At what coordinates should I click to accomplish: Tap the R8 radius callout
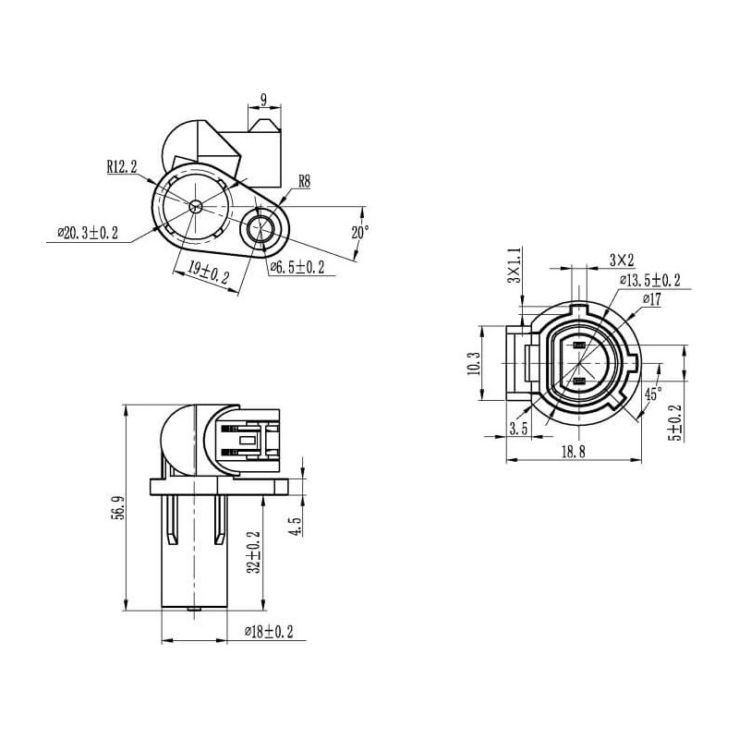304,182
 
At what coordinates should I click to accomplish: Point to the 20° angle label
360,233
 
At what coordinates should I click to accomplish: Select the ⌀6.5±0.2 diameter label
297,267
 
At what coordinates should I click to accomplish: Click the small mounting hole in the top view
262,228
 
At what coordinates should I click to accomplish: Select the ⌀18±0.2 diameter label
269,631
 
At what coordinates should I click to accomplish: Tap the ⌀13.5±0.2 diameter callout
649,281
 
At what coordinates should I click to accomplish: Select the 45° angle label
652,394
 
